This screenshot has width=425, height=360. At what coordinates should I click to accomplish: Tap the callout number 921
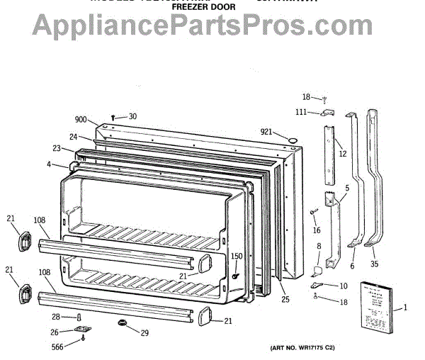click(x=266, y=132)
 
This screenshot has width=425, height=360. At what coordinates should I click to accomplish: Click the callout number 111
click(x=300, y=112)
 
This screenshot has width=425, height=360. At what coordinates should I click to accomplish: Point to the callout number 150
click(x=237, y=256)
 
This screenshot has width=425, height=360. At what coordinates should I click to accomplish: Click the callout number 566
click(x=57, y=346)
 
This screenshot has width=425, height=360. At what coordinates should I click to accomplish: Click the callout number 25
click(x=285, y=300)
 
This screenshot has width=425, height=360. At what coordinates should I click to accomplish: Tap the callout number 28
click(x=56, y=317)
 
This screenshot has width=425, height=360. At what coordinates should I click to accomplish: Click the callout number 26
click(x=55, y=332)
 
